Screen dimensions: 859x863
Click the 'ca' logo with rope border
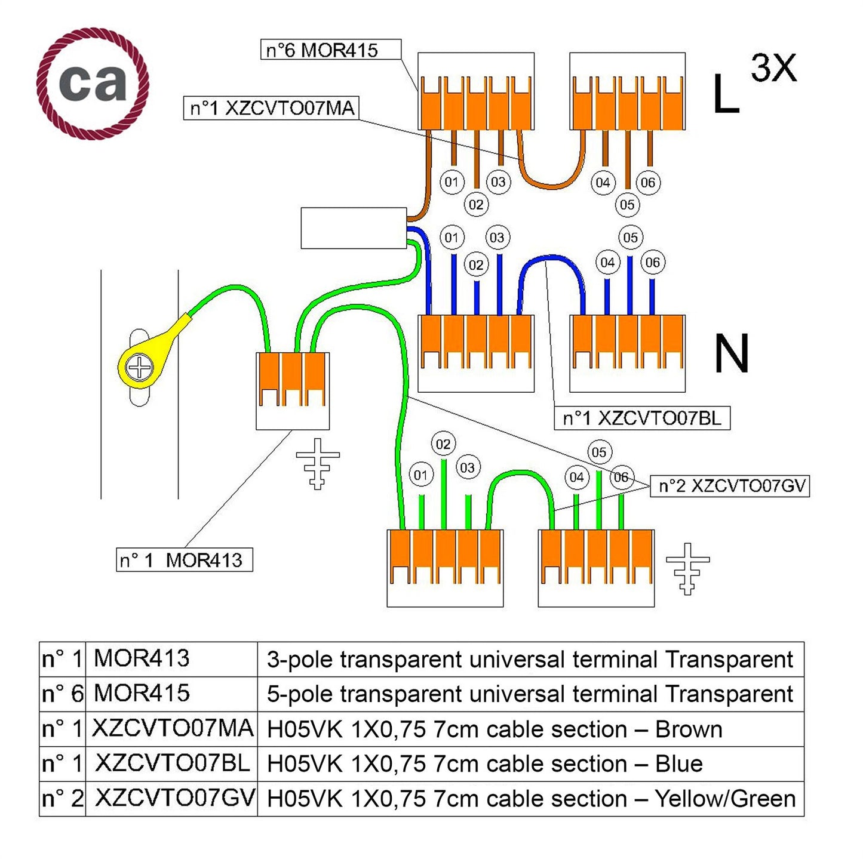tap(93, 83)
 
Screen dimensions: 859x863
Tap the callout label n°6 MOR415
tap(330, 50)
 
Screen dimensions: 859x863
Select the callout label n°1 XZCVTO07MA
tap(271, 109)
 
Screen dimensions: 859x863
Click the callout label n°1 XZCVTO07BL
tap(642, 418)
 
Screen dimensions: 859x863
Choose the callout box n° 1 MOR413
tap(184, 560)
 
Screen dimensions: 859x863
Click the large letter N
tap(731, 354)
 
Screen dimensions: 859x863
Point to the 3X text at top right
tap(773, 69)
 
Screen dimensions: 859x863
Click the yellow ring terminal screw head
tap(140, 367)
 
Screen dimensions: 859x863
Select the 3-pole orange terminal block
tap(292, 381)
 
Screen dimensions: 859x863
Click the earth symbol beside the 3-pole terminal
tap(318, 463)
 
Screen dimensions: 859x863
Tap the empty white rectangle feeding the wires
tap(354, 227)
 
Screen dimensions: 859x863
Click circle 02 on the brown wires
tap(476, 205)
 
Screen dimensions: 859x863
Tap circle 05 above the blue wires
tap(630, 238)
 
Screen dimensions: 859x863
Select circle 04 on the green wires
tap(576, 477)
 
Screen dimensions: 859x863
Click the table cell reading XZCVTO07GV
tap(172, 799)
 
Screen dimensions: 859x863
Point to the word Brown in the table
tap(689, 729)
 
